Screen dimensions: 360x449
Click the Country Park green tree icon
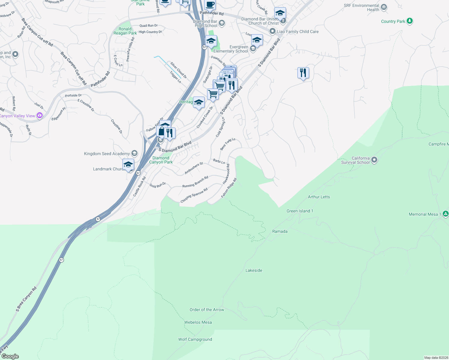410,21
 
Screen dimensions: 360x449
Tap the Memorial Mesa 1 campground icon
446,214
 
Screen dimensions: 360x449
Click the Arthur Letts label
319,197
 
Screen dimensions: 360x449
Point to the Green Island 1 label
300,211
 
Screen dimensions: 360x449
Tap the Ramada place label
280,231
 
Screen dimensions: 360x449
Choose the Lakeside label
254,270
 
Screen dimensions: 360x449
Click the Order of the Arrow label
207,310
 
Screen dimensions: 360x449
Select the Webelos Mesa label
198,322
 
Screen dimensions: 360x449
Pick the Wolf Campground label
195,339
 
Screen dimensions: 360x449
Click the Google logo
10,356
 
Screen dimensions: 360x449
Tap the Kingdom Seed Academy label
107,154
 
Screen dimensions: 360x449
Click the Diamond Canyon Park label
161,160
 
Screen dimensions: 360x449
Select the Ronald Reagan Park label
125,31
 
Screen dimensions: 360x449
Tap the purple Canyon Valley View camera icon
40,115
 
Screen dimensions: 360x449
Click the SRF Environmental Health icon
384,7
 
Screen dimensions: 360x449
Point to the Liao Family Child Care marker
272,31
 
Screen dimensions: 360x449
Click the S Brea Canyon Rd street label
26,299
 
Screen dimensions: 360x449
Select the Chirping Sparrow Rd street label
194,196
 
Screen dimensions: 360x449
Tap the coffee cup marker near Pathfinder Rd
210,5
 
